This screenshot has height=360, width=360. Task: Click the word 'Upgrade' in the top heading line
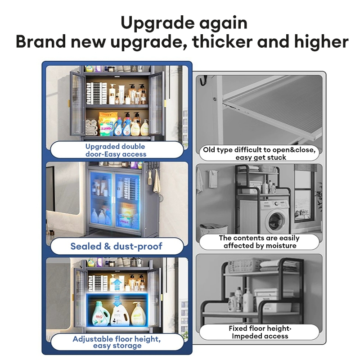click(x=158, y=24)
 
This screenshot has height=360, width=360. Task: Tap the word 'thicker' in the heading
click(x=222, y=41)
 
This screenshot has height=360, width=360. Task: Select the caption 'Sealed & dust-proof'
click(x=117, y=246)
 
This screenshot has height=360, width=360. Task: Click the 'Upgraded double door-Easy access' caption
click(x=116, y=150)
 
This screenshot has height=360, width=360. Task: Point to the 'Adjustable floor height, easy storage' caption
click(x=117, y=342)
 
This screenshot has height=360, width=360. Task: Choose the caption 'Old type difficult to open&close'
click(x=259, y=150)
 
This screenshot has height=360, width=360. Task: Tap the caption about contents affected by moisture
click(x=259, y=242)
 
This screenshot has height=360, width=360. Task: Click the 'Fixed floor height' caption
click(x=260, y=328)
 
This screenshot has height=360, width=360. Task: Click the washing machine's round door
click(x=276, y=220)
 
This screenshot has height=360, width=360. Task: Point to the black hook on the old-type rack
click(x=203, y=81)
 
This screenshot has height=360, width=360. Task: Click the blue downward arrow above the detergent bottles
click(x=117, y=301)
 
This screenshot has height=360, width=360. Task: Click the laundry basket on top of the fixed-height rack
click(x=243, y=265)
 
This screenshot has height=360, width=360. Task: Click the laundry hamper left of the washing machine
click(x=213, y=230)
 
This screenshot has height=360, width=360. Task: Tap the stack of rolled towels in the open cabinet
click(x=91, y=127)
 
